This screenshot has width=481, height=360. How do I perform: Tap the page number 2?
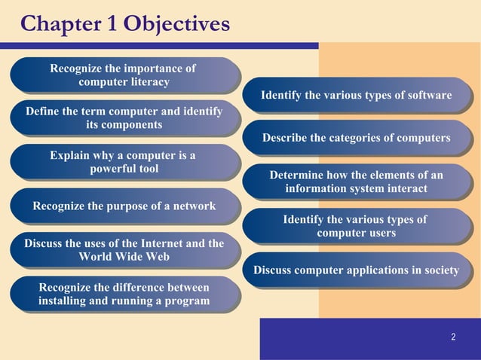pos(453,337)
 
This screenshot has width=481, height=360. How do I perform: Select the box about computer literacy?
pos(124,75)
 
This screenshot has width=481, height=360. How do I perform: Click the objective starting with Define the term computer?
pos(124,118)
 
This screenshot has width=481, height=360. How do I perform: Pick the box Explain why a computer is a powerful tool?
pos(124,162)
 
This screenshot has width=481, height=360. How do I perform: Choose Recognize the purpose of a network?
pos(124,206)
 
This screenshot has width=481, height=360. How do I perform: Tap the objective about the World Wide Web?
pos(124,250)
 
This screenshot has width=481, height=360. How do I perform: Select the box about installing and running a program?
pos(124,294)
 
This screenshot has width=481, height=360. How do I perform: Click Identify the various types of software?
pos(356,96)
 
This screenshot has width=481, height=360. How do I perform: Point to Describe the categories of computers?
pos(356,138)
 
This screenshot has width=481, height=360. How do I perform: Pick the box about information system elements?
pos(356,182)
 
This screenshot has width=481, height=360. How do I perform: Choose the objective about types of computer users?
pos(356,227)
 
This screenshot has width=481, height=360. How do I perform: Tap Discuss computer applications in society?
pos(356,270)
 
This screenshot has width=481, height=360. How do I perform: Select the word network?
pos(193,206)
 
